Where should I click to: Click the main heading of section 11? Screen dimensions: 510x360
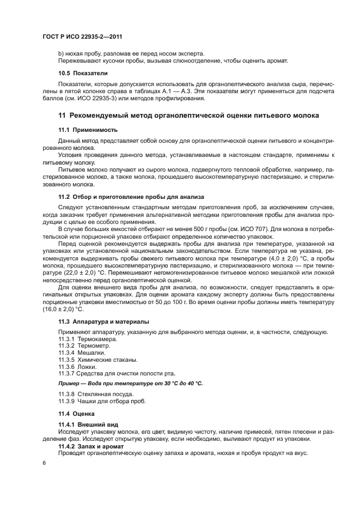[x=188, y=116]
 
